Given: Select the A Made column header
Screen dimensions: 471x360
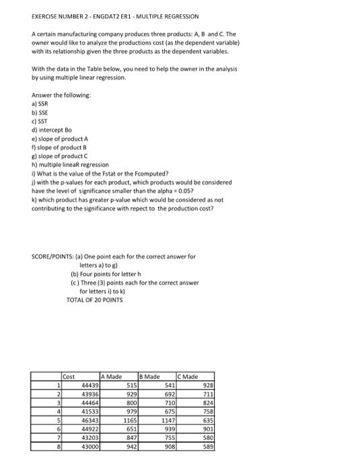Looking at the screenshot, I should [x=112, y=376].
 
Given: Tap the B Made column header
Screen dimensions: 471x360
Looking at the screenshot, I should [x=150, y=376].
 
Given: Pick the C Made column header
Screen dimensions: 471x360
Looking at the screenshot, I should [x=188, y=376].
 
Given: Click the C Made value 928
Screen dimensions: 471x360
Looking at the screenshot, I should [x=208, y=385].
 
